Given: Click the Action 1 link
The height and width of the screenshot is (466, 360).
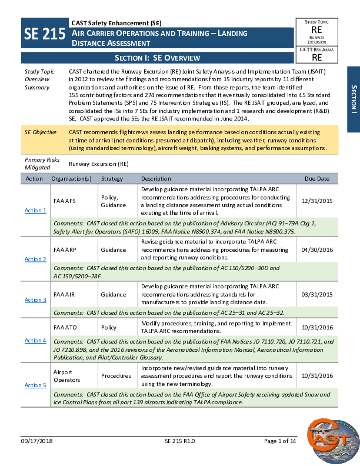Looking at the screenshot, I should click(x=35, y=210).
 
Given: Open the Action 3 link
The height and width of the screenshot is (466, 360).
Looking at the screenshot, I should click(x=35, y=299).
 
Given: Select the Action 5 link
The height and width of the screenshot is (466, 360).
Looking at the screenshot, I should click(x=35, y=385).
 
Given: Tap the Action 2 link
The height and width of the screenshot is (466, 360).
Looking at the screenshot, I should click(x=35, y=259).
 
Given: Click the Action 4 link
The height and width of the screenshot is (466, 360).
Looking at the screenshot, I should click(x=35, y=340).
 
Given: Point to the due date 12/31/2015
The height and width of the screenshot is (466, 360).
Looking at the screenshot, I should click(x=316, y=201).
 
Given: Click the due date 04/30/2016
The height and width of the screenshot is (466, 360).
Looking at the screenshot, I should click(x=316, y=249).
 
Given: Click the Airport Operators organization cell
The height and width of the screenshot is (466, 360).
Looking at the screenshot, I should click(x=66, y=375).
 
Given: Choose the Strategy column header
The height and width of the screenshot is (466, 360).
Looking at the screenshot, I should click(x=112, y=178).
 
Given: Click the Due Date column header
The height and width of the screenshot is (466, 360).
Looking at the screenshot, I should click(x=316, y=178).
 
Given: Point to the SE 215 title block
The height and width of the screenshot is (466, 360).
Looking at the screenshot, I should click(x=44, y=35).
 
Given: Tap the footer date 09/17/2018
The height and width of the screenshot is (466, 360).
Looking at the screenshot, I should click(x=36, y=457).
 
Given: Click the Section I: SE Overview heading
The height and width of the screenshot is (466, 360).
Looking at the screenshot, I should click(x=157, y=58).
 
